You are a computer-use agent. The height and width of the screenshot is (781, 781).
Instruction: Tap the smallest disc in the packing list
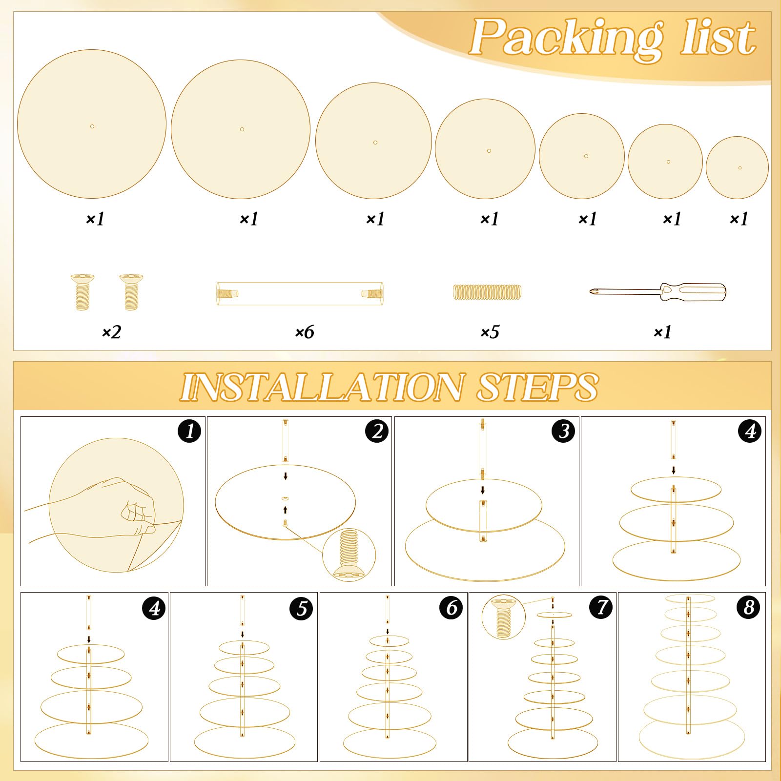click(737, 167)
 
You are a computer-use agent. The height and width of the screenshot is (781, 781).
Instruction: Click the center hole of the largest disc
click(92, 126)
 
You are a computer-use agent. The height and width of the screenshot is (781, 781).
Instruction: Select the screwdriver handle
click(693, 292)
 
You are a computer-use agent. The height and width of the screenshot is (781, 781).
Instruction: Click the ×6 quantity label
click(305, 332)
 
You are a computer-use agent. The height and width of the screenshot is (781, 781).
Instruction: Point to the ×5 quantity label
click(490, 332)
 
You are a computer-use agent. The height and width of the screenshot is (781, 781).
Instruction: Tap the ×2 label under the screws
click(111, 332)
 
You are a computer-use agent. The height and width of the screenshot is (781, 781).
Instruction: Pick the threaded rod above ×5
click(487, 292)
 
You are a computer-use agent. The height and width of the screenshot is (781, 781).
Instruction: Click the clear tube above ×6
click(300, 294)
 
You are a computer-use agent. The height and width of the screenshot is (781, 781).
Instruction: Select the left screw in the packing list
click(82, 292)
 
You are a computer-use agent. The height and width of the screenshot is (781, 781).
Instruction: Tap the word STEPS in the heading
click(537, 388)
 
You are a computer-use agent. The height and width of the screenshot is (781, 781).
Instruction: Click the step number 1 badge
click(190, 431)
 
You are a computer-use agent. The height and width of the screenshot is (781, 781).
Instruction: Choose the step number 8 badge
click(748, 608)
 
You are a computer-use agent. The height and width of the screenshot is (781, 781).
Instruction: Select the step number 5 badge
click(301, 609)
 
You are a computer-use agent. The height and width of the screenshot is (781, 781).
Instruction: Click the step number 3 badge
click(564, 431)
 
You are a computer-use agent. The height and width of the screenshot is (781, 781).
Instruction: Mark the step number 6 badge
click(451, 608)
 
